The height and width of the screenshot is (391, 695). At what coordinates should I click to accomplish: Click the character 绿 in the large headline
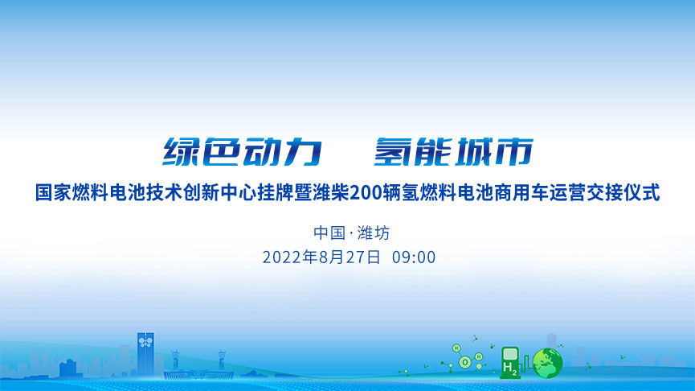[x=179, y=152]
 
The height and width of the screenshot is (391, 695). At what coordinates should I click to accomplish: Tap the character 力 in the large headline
[x=303, y=152]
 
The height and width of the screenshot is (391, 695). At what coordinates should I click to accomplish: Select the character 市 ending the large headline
[x=514, y=152]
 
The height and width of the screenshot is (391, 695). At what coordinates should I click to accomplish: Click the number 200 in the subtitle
[x=366, y=193]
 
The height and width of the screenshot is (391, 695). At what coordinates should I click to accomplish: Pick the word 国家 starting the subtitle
[x=53, y=193]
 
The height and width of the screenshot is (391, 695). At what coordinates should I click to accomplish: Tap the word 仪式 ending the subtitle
[x=642, y=193]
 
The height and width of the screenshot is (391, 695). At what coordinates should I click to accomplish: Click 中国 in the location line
[x=329, y=233]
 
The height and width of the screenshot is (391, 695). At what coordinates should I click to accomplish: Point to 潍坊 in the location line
[x=374, y=233]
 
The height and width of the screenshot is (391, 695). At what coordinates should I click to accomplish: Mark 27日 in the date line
[x=363, y=257]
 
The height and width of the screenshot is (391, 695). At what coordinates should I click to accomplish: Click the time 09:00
[x=414, y=257]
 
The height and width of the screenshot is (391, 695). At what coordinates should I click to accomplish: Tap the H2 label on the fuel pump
[x=510, y=368]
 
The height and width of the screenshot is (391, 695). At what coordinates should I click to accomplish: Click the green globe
[x=548, y=363]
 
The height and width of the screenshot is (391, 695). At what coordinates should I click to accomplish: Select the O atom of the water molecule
[x=465, y=363]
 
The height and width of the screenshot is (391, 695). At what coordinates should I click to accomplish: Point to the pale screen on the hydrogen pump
[x=511, y=354]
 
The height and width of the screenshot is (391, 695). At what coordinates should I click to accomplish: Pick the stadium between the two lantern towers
[x=198, y=373]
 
